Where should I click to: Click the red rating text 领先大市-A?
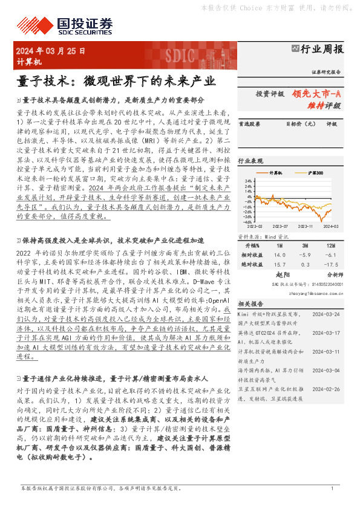317,94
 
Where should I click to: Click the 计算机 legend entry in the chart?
275,173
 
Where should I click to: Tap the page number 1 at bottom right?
332,488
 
